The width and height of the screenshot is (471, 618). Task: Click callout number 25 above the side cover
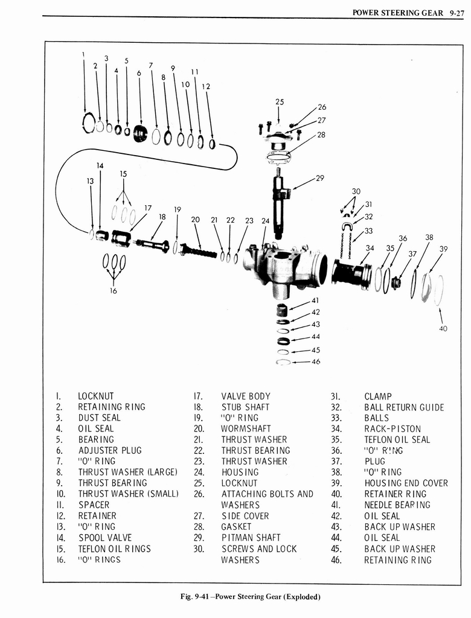click(x=279, y=102)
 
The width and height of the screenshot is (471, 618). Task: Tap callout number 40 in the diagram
click(x=444, y=329)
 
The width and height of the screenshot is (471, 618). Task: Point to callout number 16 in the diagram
click(x=113, y=290)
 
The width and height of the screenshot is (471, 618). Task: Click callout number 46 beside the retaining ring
click(x=316, y=362)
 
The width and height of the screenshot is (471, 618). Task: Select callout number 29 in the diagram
click(x=320, y=177)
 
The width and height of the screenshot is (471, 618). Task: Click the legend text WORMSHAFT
click(x=246, y=428)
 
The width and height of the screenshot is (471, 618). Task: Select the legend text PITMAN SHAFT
click(x=251, y=538)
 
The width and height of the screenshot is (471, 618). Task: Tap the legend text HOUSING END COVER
click(x=406, y=483)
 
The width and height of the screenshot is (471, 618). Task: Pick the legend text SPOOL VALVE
click(x=104, y=538)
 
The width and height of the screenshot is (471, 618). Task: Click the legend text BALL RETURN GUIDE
click(x=403, y=407)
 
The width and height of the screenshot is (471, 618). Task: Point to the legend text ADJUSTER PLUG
click(x=109, y=450)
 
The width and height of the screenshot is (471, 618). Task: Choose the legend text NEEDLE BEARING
click(x=397, y=505)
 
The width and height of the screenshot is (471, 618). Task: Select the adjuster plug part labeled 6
click(x=140, y=133)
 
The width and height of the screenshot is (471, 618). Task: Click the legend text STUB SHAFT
click(x=245, y=407)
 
